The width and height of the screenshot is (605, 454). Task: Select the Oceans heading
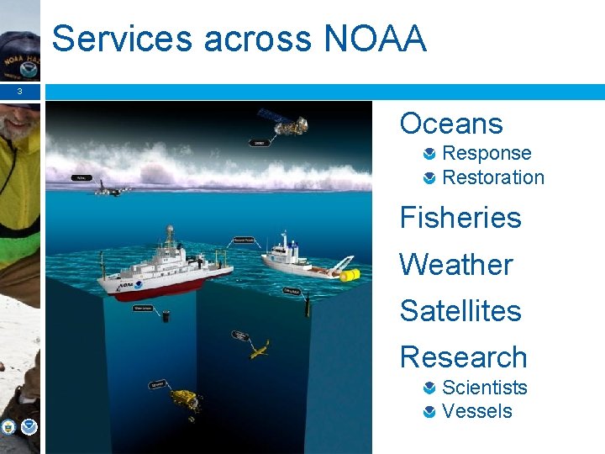(451, 124)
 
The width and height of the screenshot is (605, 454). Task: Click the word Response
(487, 153)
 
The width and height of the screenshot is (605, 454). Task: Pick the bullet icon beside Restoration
(429, 177)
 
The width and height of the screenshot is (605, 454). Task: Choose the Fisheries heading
(460, 218)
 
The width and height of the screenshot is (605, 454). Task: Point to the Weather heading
(455, 264)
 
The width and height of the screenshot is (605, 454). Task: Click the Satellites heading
(460, 310)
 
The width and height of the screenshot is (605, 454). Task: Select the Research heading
(463, 356)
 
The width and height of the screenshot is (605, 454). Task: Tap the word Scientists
(485, 388)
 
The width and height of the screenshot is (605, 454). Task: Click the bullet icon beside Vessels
(429, 412)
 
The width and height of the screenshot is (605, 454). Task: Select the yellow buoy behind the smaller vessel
(350, 275)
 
